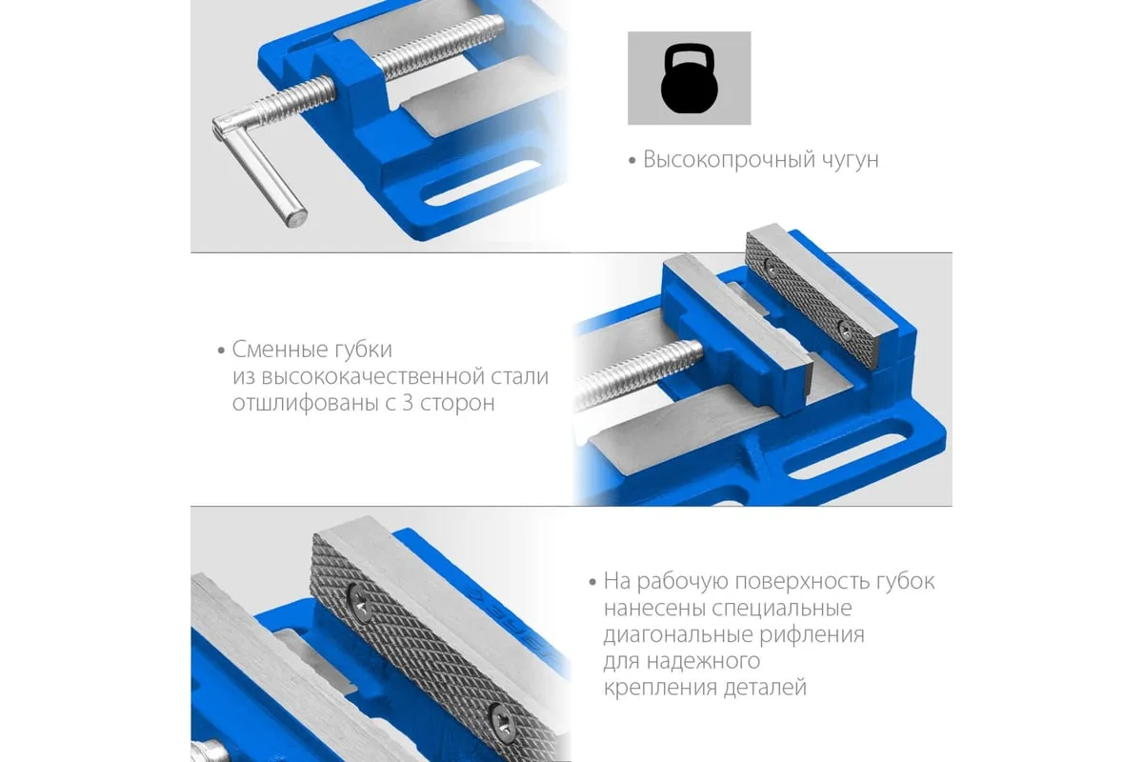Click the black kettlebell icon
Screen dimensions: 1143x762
click(690, 78)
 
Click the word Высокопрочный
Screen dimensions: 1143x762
click(729, 160)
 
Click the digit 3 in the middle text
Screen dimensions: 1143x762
click(409, 403)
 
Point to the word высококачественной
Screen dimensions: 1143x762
click(372, 376)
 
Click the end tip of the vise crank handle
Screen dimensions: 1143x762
click(296, 218)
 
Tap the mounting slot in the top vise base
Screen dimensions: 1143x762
click(482, 184)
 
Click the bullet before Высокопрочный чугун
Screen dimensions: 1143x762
click(632, 161)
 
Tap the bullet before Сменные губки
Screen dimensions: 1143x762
click(221, 351)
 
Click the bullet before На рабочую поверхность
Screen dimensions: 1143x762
click(592, 582)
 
